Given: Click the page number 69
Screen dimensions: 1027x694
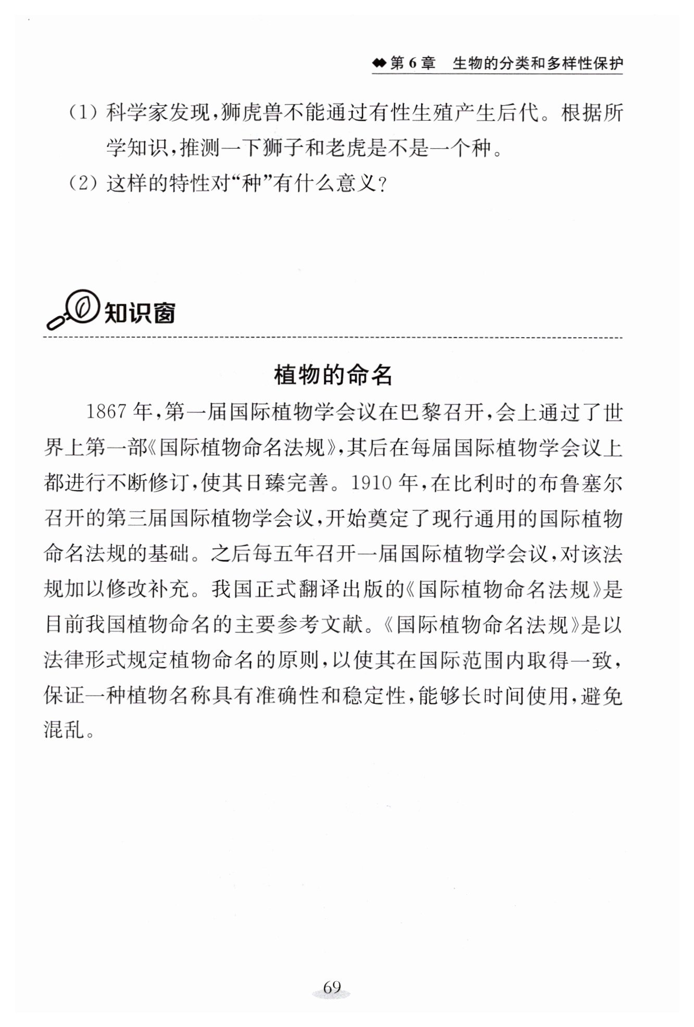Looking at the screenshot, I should tap(332, 987).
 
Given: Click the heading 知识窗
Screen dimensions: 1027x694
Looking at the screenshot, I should tap(140, 313).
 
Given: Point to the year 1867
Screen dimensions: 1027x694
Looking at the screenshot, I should tap(106, 413).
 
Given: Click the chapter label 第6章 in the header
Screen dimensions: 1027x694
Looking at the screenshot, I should tap(412, 63).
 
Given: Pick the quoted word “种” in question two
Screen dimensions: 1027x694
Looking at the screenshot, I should tap(251, 184).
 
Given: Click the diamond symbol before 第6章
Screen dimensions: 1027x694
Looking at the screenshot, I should tap(379, 64).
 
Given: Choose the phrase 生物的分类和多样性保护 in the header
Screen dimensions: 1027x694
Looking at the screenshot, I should tap(537, 63).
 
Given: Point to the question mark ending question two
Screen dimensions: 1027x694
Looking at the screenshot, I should tap(383, 185).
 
